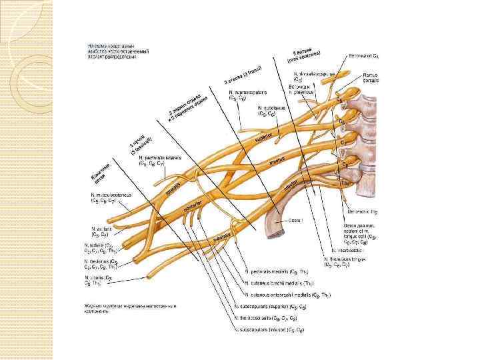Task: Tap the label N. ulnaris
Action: (97, 277)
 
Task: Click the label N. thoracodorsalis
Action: (269, 318)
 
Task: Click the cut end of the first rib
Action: (272, 229)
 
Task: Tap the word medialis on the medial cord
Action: (222, 237)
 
